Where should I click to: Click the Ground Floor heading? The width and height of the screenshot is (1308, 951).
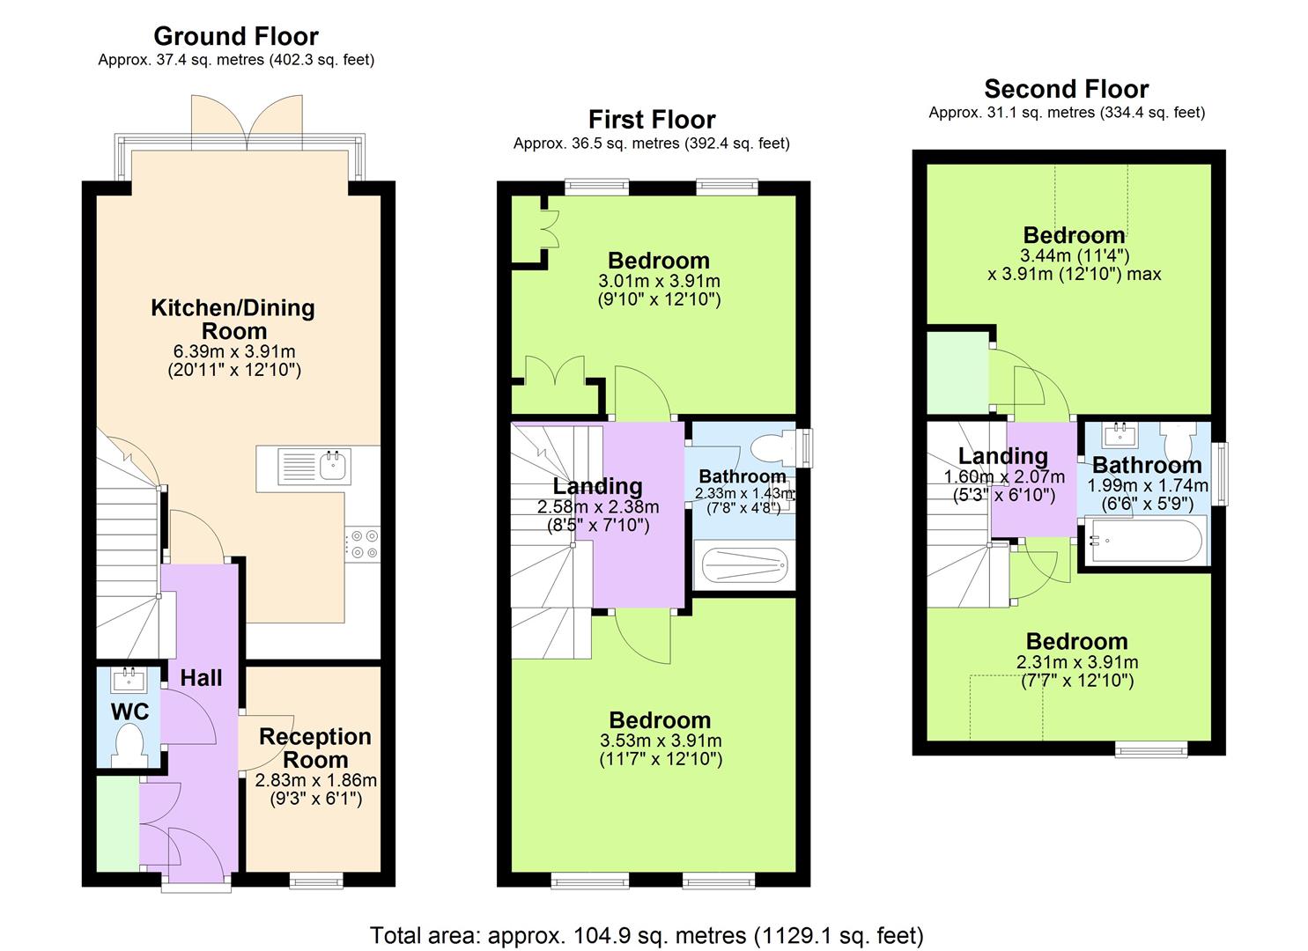(x=235, y=36)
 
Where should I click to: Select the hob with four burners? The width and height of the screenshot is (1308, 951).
(x=362, y=543)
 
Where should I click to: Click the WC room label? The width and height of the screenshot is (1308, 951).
(x=129, y=711)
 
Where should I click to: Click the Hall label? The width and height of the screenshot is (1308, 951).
(x=201, y=678)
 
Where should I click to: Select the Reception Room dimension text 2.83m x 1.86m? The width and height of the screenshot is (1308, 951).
(x=315, y=780)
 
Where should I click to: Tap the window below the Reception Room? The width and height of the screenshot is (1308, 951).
(x=316, y=880)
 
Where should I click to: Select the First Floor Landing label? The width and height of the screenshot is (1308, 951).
(x=597, y=486)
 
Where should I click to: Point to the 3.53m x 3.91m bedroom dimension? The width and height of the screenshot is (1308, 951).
(x=660, y=741)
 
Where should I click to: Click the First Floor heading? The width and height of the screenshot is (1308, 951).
(x=652, y=119)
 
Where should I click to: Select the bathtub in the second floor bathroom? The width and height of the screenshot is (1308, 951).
(x=1144, y=541)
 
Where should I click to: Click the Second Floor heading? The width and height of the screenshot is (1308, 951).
(x=1066, y=89)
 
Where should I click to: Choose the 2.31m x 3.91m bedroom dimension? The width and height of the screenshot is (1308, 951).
(x=1076, y=662)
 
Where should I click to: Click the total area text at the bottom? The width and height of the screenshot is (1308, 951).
(x=647, y=934)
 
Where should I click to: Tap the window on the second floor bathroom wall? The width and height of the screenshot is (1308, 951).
(x=1220, y=474)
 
